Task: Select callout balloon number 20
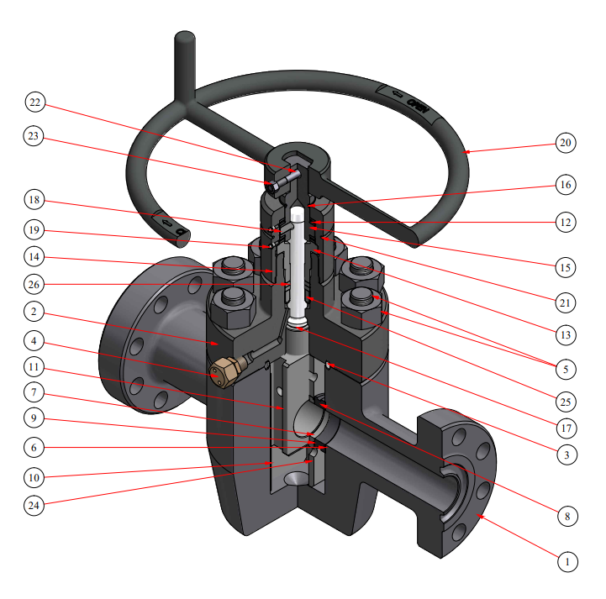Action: point(565,143)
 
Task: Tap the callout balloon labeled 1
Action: point(567,561)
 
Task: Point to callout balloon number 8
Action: point(567,516)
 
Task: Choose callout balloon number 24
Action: point(34,505)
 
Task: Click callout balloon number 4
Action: point(34,342)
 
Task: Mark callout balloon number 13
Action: point(565,334)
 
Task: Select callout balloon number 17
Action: point(565,428)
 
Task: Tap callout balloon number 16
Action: point(565,184)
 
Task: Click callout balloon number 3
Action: point(565,455)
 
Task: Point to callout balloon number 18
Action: point(34,200)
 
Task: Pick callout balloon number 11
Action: point(34,369)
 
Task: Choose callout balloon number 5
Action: point(565,367)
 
